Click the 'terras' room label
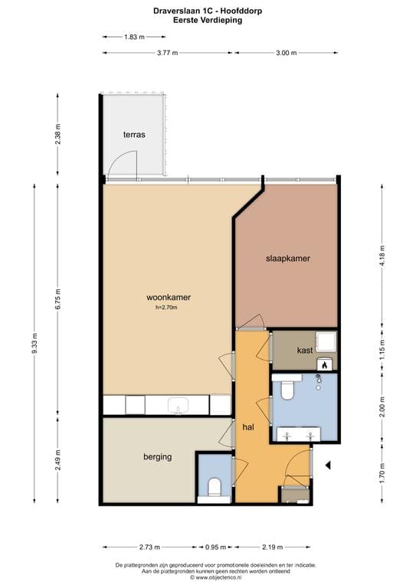coord(134,135)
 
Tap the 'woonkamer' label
coord(169,297)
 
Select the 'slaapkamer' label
coord(288,258)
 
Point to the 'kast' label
coord(305,350)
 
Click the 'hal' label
coord(248,426)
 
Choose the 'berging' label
coord(158,457)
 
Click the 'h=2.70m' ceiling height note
coord(166,308)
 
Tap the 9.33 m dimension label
coord(34,343)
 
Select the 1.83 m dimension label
coord(134,37)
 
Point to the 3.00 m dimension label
coord(287,53)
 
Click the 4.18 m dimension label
coord(382,256)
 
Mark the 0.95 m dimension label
coord(216,547)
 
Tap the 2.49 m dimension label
coord(57,459)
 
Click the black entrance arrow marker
coord(328,465)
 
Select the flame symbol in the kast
coord(325,364)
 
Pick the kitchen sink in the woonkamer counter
coord(178,405)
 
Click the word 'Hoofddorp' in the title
coord(240,11)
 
